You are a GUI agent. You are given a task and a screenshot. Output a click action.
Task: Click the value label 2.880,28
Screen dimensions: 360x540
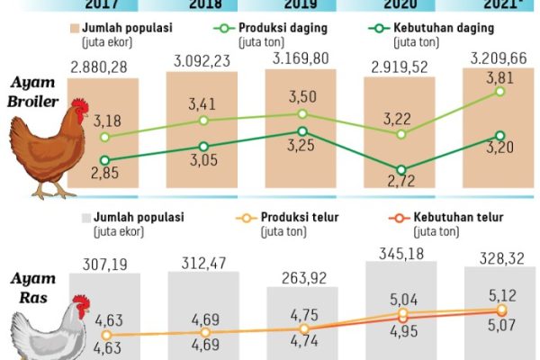(x=102, y=67)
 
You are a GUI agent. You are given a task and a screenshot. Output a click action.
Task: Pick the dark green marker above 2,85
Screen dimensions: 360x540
(x=105, y=161)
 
